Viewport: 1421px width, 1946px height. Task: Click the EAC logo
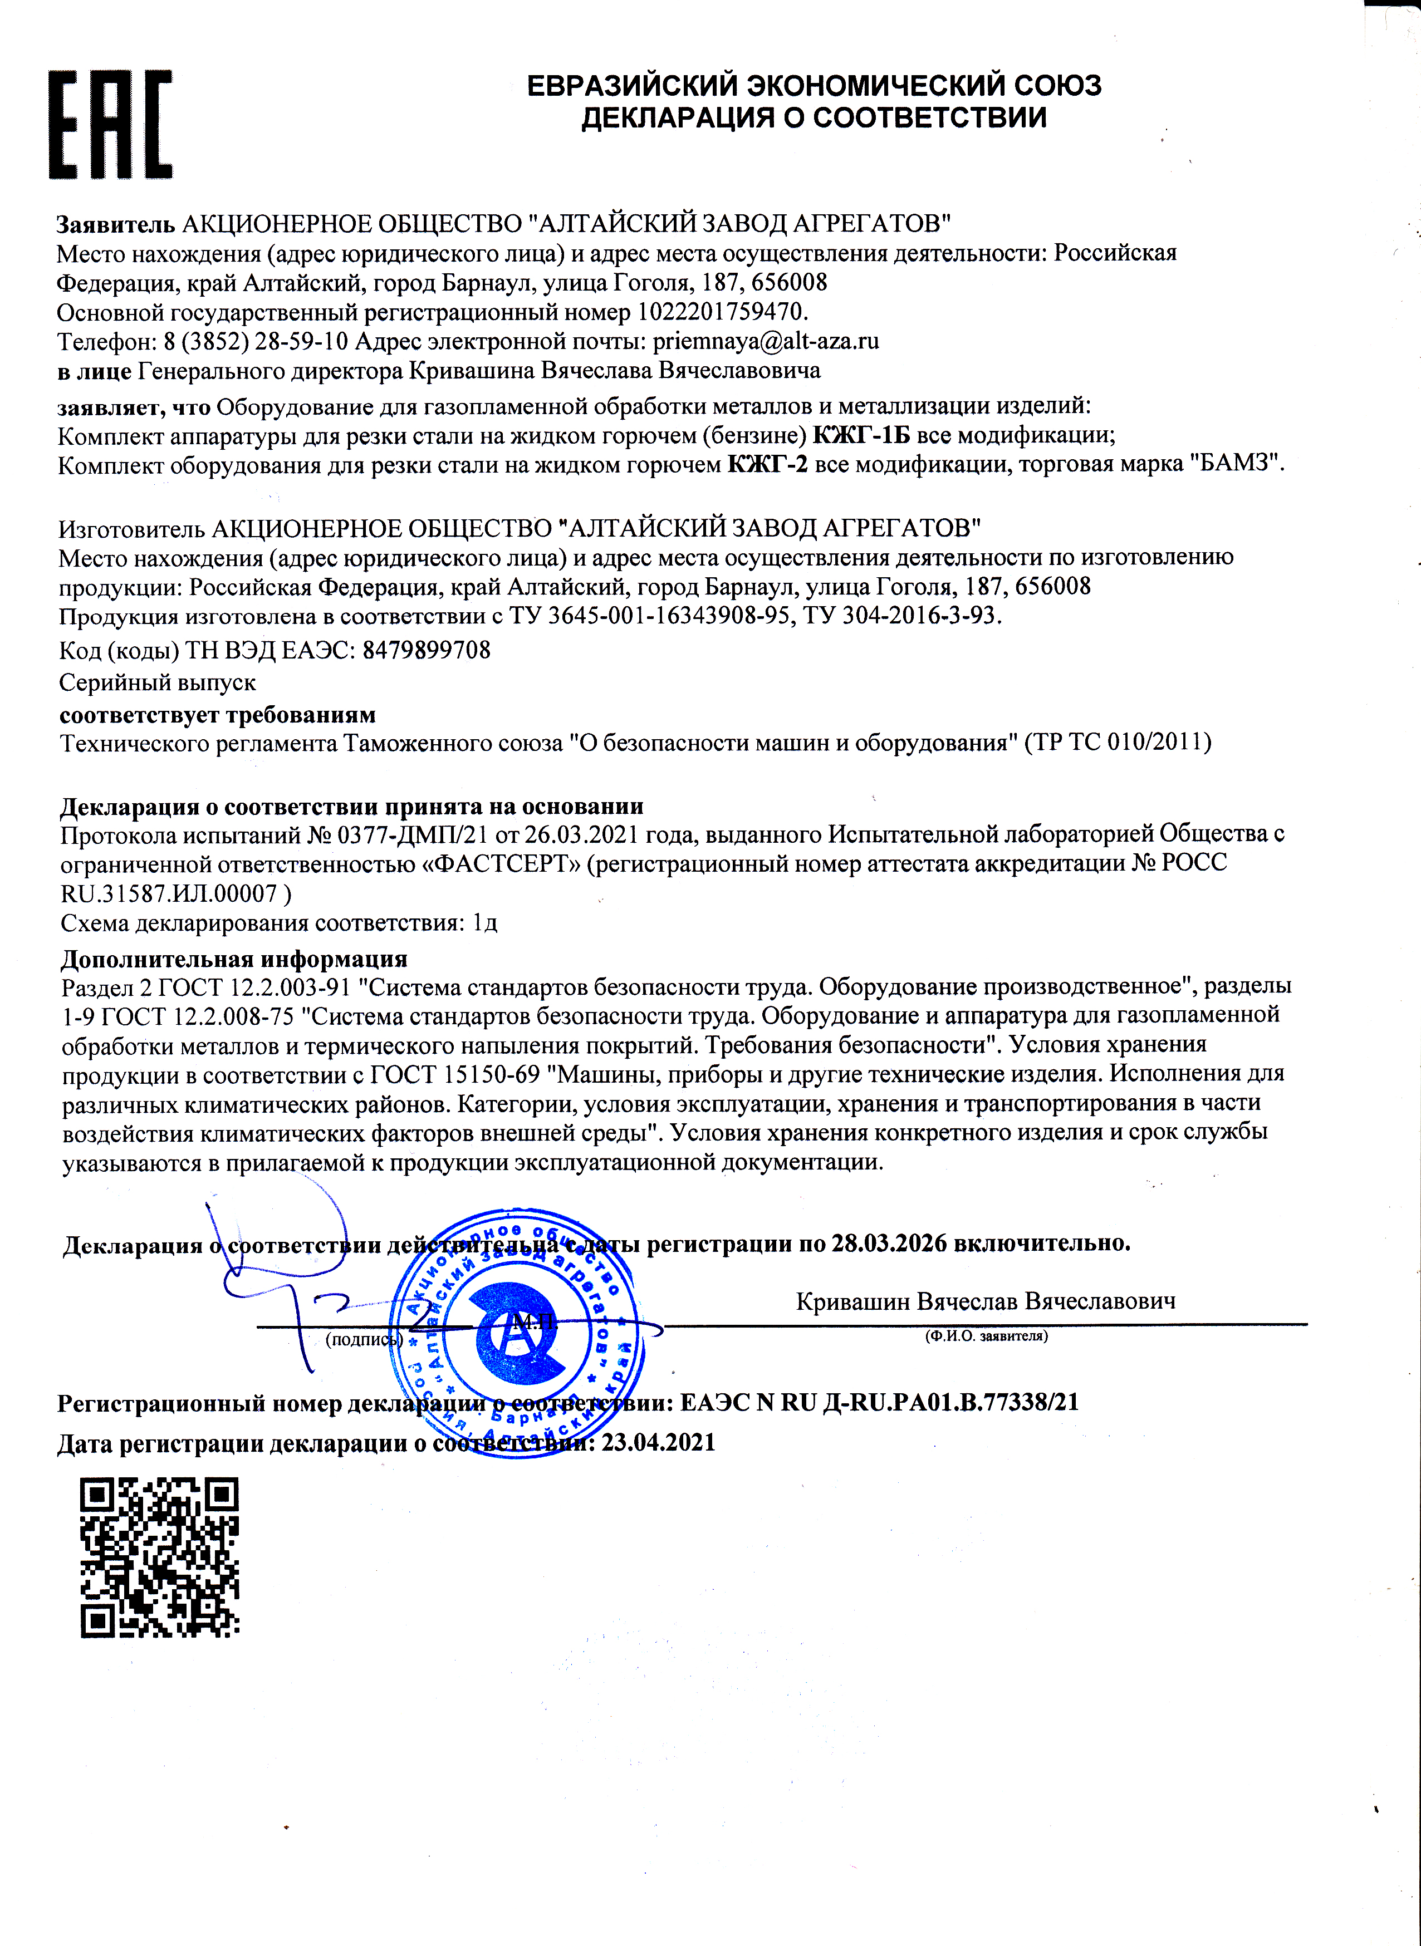tap(110, 125)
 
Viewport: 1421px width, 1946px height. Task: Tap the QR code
tap(159, 1557)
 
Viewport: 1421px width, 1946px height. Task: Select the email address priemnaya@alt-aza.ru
tap(766, 341)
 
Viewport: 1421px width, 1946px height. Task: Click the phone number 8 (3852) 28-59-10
tap(256, 341)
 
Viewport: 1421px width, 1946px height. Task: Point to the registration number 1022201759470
tap(721, 311)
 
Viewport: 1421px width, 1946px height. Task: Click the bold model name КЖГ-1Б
tap(861, 435)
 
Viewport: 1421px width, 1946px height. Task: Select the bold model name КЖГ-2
tap(767, 465)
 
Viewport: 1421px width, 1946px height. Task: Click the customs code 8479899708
tap(427, 650)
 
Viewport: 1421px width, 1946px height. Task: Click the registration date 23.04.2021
tap(658, 1442)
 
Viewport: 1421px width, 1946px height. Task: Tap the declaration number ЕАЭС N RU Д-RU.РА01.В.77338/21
tap(879, 1403)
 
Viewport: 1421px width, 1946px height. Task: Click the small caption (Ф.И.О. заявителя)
tap(986, 1336)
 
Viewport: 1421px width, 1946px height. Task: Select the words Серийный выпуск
tap(158, 683)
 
